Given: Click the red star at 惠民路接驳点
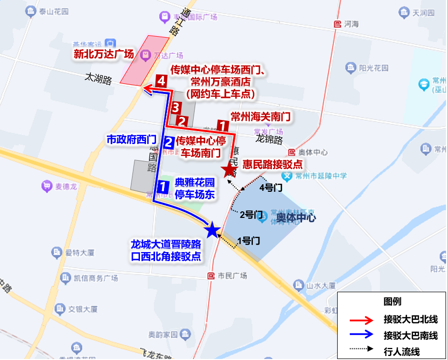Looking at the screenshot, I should coord(230,169).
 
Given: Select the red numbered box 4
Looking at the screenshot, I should coord(161,80).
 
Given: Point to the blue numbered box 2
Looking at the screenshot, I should coord(169,142).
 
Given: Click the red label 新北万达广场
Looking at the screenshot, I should coord(103,54).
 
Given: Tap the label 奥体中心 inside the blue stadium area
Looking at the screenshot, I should coord(296,218).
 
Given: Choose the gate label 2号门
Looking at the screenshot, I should coord(251,215).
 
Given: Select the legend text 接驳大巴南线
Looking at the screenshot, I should coord(410,336).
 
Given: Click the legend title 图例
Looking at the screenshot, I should coord(392,302).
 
